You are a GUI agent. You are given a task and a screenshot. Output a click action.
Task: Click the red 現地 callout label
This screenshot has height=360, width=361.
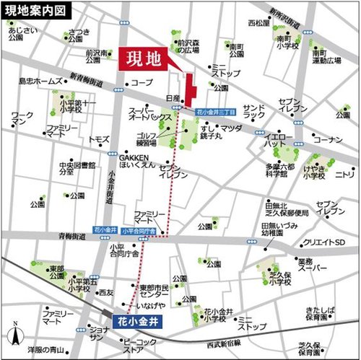coord(140,58)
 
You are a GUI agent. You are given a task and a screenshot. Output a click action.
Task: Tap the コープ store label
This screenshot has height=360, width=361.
coord(142,83)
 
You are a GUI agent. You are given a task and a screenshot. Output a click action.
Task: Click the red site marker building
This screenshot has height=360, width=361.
coord(190,89)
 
